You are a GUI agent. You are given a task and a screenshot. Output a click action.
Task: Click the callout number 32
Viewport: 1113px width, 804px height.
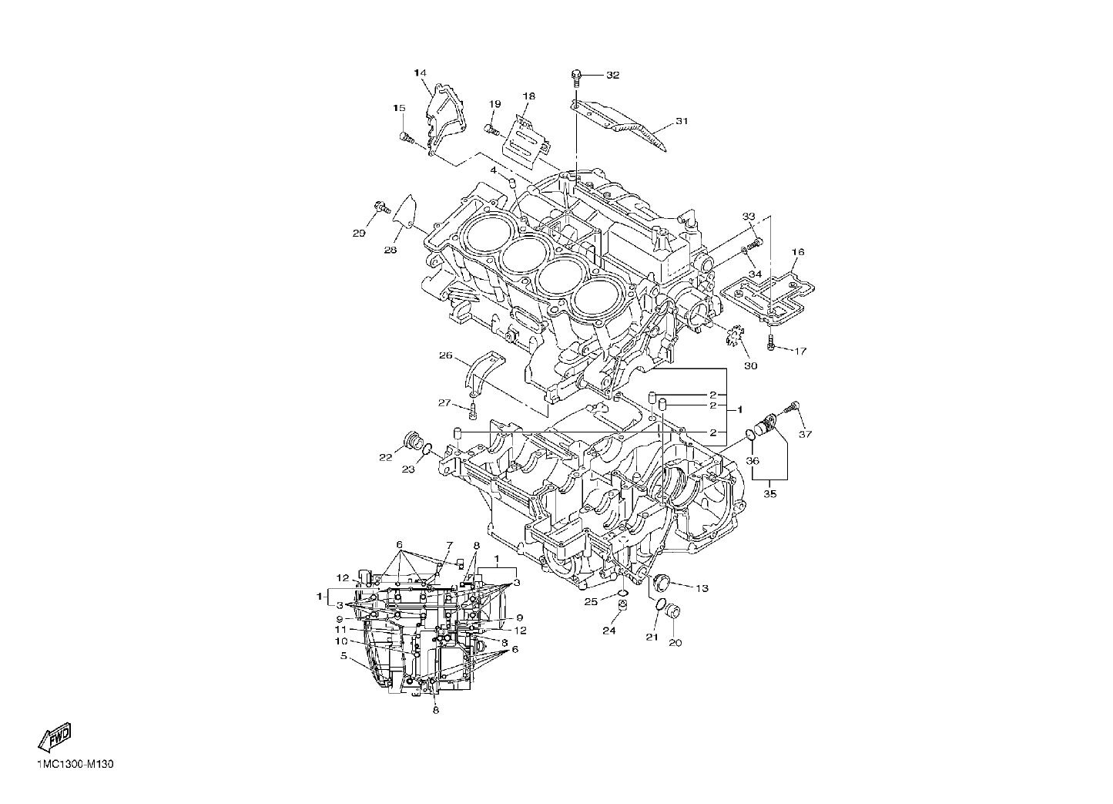[612, 75]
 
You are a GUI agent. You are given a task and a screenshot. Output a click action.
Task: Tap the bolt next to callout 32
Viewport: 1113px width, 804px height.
[576, 78]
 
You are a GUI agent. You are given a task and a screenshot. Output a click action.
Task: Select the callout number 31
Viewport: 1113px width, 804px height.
[682, 121]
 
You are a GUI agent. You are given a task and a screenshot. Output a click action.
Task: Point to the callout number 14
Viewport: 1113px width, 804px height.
[421, 73]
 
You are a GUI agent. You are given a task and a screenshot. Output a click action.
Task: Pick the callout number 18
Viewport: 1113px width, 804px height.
[528, 96]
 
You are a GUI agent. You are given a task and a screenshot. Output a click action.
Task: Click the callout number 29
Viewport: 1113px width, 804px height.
[359, 234]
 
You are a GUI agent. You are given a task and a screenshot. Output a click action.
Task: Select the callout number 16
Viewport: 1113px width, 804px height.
[797, 252]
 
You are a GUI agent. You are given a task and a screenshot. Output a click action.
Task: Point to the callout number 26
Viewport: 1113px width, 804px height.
[446, 355]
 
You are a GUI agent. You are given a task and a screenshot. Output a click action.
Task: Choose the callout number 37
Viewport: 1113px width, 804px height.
[805, 434]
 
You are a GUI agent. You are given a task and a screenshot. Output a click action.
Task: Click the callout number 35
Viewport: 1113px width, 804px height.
[769, 494]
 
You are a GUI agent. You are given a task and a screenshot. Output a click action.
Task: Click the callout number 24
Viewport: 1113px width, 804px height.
[609, 631]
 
